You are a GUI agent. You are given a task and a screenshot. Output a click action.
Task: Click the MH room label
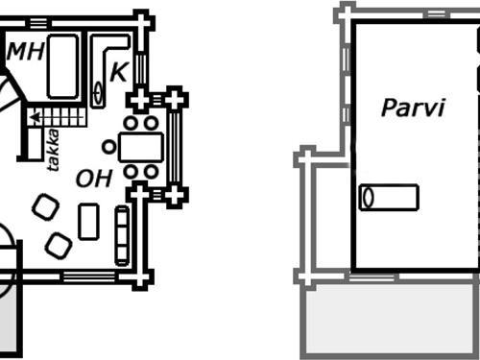[26, 52]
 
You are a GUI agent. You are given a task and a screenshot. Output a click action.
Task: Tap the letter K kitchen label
[118, 71]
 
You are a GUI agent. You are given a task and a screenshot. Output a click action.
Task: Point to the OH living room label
[94, 178]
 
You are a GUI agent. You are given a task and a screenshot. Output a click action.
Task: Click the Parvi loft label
[414, 108]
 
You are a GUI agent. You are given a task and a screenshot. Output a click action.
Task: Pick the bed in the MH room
[63, 65]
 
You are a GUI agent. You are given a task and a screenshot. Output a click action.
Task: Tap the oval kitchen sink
[100, 94]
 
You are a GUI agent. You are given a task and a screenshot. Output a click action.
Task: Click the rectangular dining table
[142, 147]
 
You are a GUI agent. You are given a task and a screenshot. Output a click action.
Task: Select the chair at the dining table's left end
[109, 147]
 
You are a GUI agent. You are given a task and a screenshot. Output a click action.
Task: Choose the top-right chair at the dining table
[153, 123]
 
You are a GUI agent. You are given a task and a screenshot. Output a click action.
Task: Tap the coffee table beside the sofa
[89, 221]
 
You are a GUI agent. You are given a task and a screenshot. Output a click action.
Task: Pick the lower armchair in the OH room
[58, 246]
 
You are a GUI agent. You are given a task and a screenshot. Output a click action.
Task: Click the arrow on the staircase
[36, 117]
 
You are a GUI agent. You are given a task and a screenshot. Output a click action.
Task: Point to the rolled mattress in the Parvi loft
[389, 197]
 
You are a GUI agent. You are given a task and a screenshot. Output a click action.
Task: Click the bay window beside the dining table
[175, 147]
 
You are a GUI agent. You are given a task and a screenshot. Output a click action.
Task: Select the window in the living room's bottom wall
[88, 278]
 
